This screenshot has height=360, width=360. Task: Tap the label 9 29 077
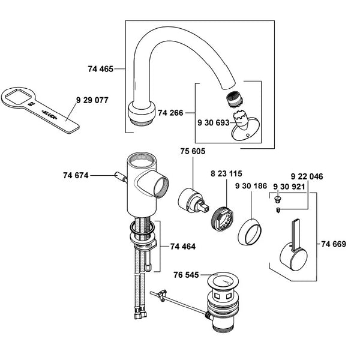(92, 100)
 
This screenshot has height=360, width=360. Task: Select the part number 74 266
(170, 112)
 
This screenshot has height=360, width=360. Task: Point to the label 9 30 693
(212, 122)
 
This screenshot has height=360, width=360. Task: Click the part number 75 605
(192, 152)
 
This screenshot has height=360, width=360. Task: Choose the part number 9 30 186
(251, 187)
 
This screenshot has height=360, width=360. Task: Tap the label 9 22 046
(307, 177)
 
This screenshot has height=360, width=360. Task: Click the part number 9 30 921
(289, 187)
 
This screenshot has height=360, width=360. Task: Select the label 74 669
(334, 244)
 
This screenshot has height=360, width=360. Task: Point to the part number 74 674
(76, 175)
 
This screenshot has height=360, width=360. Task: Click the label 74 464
(183, 246)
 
